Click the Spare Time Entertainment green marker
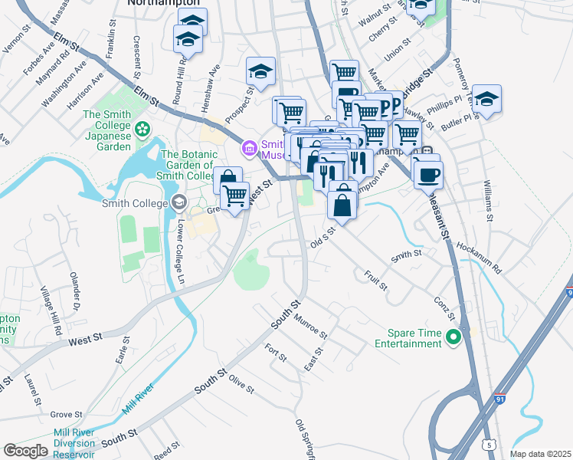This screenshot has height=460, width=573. (x=453, y=337)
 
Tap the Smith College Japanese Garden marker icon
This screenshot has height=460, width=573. (x=141, y=127)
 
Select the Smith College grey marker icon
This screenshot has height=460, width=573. (x=179, y=203)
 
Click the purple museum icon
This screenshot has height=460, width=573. (x=249, y=147)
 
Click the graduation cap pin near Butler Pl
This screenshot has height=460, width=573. (x=486, y=100)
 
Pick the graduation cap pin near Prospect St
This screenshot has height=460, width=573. (x=260, y=72)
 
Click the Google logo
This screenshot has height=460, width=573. (x=26, y=450)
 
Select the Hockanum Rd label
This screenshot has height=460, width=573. (x=477, y=258)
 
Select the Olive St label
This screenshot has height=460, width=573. (x=241, y=384)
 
